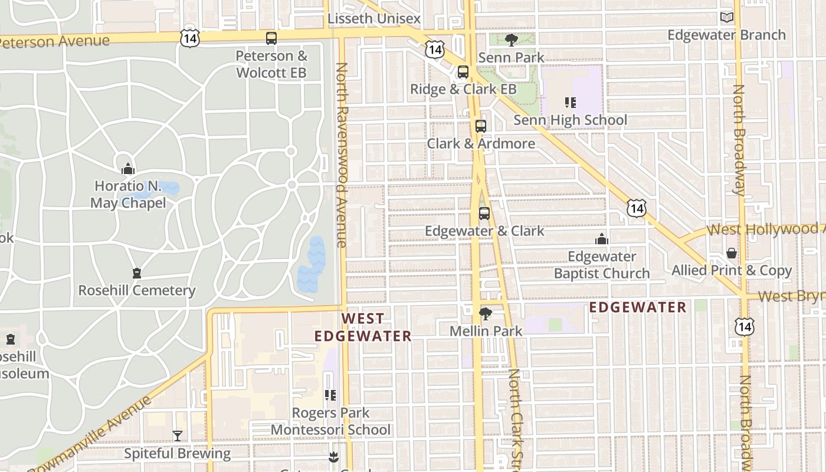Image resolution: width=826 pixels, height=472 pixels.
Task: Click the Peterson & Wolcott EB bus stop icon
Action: [271, 38]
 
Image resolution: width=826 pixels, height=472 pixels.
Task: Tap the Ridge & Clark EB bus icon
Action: [463, 72]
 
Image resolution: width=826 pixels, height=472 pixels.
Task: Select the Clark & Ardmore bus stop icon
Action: [481, 126]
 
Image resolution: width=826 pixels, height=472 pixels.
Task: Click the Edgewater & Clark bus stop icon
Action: [484, 213]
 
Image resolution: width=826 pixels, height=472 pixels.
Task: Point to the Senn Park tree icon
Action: [511, 40]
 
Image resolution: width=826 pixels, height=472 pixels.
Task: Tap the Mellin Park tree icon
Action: [486, 313]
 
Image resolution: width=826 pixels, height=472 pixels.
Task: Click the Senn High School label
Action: [570, 120]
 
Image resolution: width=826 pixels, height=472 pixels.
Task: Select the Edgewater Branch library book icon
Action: [727, 18]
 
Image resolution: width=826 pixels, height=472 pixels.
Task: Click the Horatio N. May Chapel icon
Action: [128, 169]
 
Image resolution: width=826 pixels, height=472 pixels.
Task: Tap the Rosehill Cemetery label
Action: [137, 290]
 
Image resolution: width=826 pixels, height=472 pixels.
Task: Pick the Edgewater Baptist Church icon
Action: [602, 239]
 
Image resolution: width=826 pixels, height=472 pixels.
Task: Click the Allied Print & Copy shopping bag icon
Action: [732, 253]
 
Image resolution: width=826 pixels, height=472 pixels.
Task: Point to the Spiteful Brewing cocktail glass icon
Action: [177, 436]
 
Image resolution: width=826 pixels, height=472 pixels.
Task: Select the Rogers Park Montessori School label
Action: [330, 421]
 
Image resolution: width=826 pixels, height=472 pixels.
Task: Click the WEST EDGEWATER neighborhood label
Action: [362, 327]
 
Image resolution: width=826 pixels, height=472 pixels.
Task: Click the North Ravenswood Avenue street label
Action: [341, 155]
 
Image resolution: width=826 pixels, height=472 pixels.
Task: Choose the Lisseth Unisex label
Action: [374, 19]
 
